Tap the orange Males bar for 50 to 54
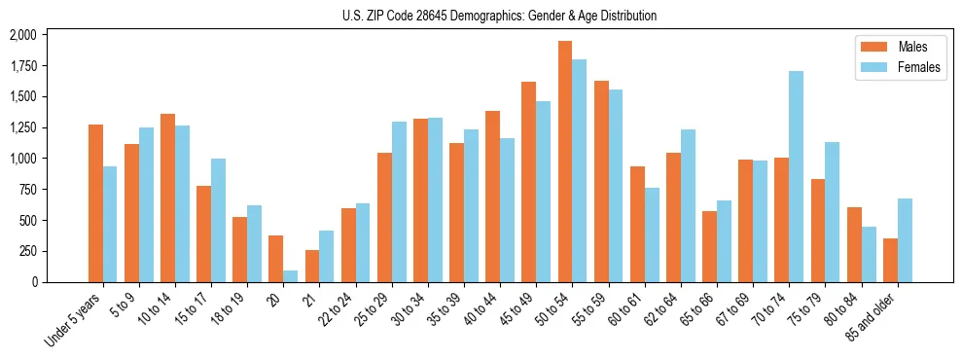(x=564, y=162)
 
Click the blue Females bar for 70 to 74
(x=796, y=176)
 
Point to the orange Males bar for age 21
(x=312, y=266)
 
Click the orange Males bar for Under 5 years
(x=95, y=203)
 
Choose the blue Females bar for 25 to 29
(x=399, y=201)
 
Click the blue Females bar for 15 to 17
(x=218, y=220)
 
